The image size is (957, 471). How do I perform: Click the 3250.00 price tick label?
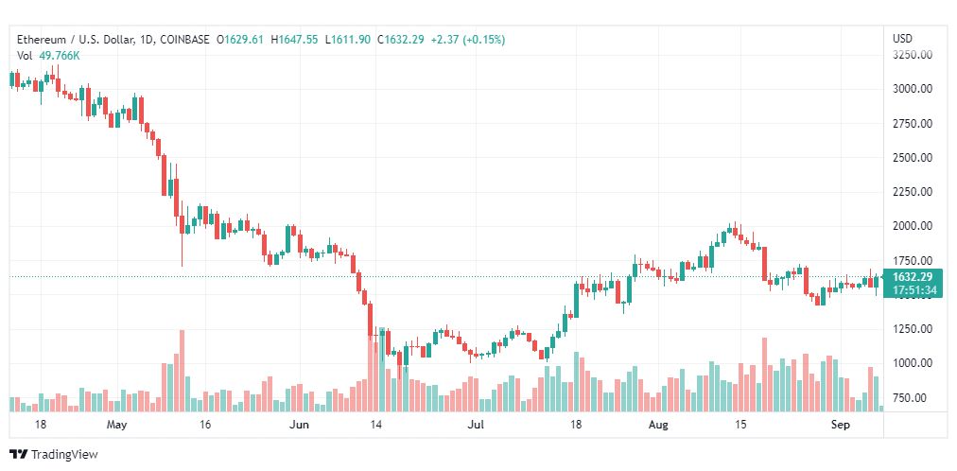click(x=913, y=54)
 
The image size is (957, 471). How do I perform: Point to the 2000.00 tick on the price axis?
click(x=913, y=226)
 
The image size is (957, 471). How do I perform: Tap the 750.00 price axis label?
click(x=914, y=398)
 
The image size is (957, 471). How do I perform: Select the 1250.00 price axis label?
click(x=913, y=329)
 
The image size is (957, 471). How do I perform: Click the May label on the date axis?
click(x=116, y=424)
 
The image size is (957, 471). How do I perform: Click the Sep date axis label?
click(x=841, y=424)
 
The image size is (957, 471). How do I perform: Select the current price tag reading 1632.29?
click(x=913, y=277)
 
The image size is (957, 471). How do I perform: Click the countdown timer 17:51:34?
click(x=913, y=290)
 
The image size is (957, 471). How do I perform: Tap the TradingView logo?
click(x=54, y=455)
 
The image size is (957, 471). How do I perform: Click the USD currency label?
click(x=903, y=39)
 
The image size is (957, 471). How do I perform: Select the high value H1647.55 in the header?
click(x=294, y=40)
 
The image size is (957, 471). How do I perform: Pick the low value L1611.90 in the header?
click(x=347, y=40)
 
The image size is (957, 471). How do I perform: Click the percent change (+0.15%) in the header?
click(x=484, y=40)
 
